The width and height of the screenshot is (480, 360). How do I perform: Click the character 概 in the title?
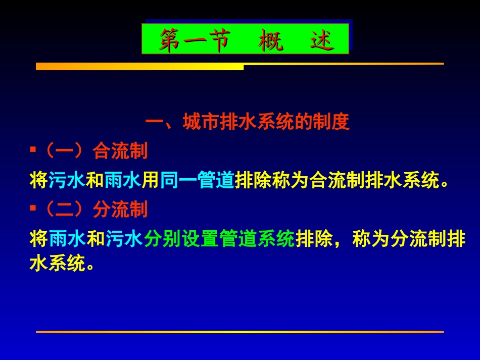271,40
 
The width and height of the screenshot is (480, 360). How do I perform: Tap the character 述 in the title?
321,40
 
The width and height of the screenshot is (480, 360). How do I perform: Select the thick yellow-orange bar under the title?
139,67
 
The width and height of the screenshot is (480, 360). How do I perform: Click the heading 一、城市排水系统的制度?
248,123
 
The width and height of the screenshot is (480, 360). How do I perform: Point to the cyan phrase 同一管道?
197,180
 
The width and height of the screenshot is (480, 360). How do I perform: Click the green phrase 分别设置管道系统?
219,239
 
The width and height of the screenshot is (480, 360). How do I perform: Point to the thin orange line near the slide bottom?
239,332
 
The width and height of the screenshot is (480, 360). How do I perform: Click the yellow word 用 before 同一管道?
150,180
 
